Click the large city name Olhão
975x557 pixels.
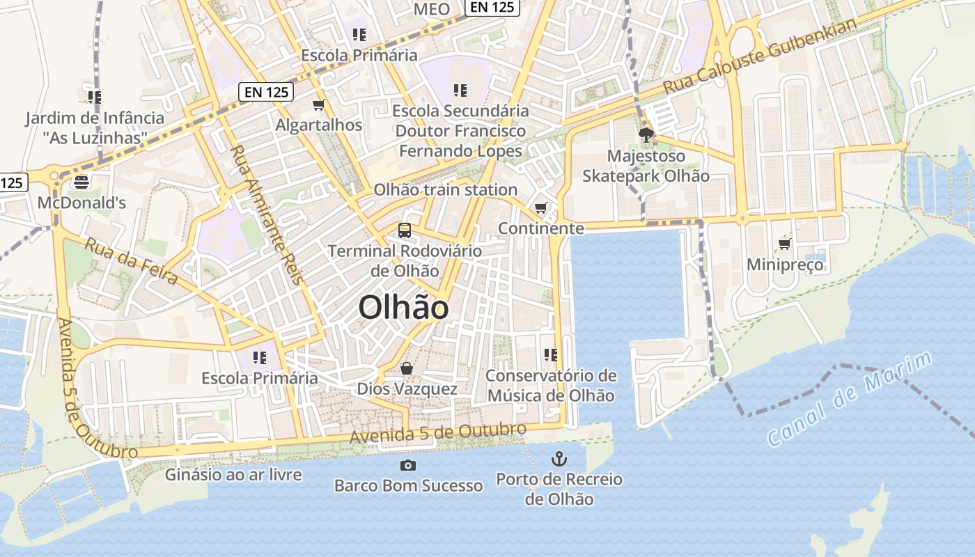click(404, 307)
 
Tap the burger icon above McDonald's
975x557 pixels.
click(81, 182)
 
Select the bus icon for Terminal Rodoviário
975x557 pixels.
click(404, 230)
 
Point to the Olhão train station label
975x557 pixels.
click(445, 189)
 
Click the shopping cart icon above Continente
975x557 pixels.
click(540, 207)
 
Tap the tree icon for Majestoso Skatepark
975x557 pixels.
click(646, 135)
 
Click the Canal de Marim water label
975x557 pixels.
click(849, 400)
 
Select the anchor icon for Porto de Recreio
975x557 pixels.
click(559, 459)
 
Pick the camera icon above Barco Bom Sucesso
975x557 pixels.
click(408, 465)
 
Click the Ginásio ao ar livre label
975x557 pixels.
click(233, 475)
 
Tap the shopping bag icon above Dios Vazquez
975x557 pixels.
click(407, 368)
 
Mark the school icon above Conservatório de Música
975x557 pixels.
click(551, 355)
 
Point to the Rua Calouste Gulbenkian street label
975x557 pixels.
click(760, 56)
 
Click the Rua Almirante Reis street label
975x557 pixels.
click(267, 214)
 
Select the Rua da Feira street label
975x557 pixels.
click(131, 260)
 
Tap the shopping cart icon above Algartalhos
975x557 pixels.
click(319, 104)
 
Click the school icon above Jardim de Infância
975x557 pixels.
click(95, 97)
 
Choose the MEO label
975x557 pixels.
click(432, 9)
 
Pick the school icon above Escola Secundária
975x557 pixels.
click(460, 90)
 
